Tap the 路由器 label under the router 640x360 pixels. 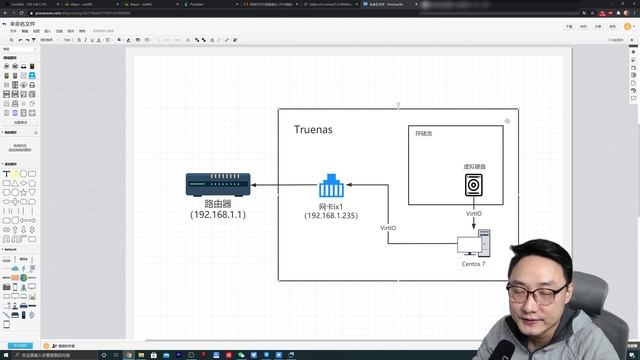click(x=218, y=203)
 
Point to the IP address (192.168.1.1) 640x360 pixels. click(x=218, y=214)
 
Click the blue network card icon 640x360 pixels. click(x=332, y=186)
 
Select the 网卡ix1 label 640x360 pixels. click(x=331, y=206)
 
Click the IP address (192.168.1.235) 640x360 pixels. click(x=332, y=216)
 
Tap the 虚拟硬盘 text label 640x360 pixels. click(x=475, y=166)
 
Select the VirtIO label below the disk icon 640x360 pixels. click(x=474, y=213)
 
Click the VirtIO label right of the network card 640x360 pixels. click(x=388, y=228)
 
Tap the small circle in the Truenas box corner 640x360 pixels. click(x=507, y=121)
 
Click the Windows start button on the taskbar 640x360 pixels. click(x=5, y=354)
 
